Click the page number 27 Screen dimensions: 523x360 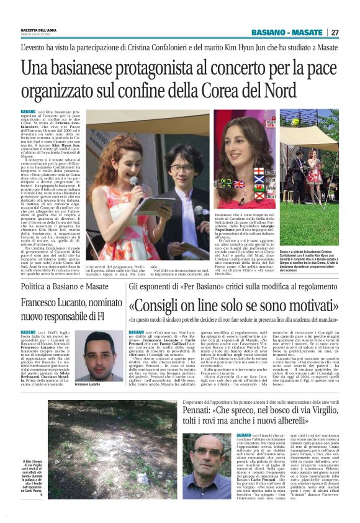(335, 32)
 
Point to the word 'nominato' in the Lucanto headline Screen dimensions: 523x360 (101, 302)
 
